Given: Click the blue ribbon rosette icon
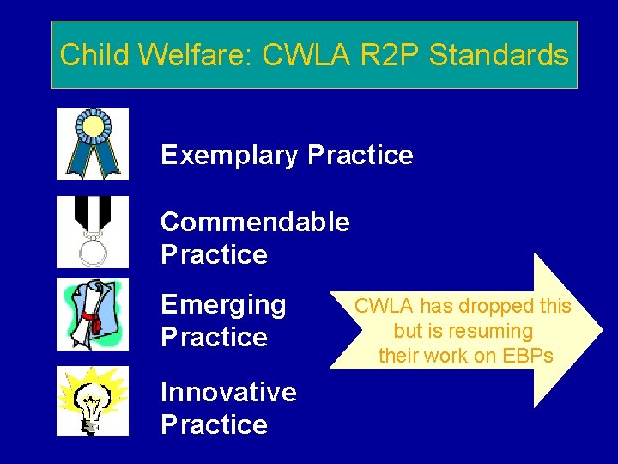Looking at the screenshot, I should coord(93,143).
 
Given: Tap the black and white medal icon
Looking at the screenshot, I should coord(93,232).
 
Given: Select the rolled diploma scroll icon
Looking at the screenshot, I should coord(93,314).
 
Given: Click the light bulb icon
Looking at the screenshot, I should coord(93,401).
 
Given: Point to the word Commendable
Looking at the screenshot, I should coord(255,222).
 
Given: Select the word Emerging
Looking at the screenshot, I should coord(223,305).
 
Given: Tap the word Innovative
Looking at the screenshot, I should coord(228,392).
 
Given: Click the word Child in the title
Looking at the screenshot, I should coord(93,56).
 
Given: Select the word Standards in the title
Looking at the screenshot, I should coord(499,56).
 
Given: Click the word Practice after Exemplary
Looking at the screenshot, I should coord(360,156).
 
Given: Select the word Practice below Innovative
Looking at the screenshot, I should coord(214,424).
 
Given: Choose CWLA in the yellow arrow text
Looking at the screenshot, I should coord(383,306).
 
